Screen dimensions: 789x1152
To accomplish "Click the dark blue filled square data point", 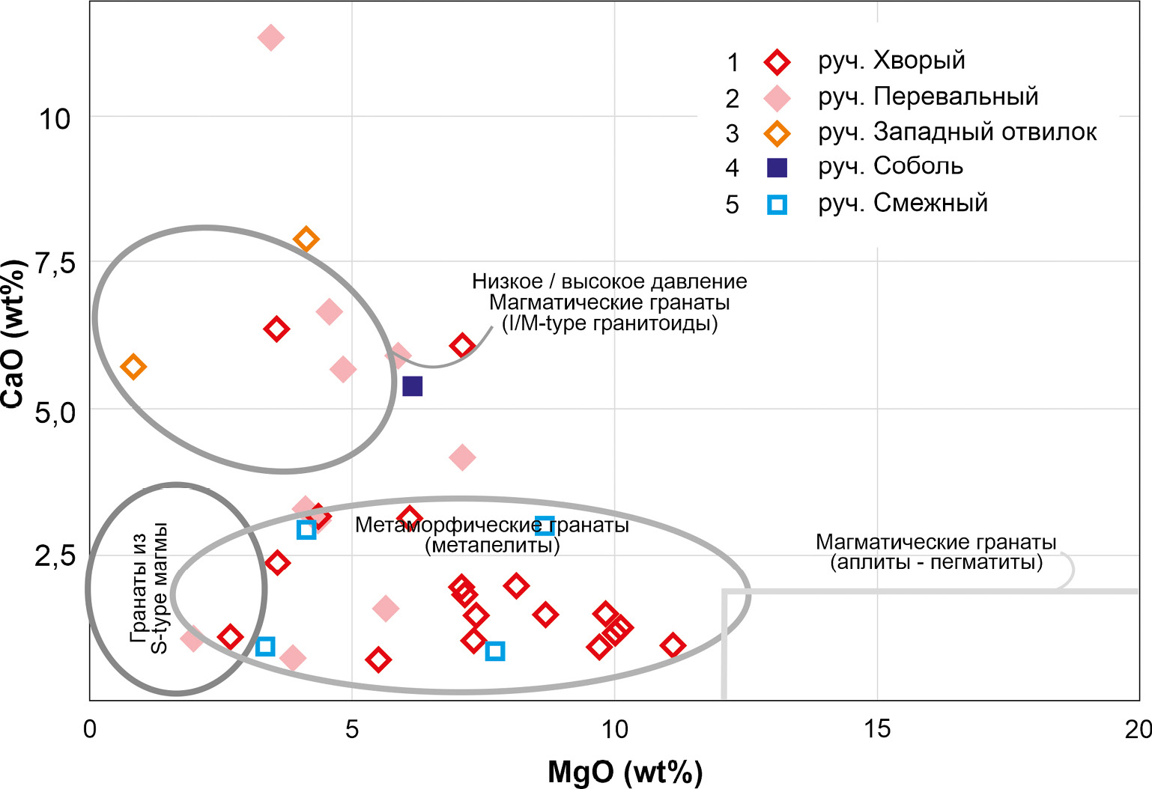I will coord(413,386).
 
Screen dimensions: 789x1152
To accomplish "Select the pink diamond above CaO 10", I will coord(270,37).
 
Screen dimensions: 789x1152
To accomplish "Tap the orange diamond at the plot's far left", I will coord(133,367).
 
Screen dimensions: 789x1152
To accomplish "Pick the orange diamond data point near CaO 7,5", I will coord(306,240).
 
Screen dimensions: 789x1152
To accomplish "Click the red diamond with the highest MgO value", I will coord(673,645).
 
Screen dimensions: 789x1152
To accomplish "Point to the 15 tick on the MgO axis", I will coord(876,728).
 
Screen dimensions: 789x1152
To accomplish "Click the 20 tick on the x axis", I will coord(1138,728).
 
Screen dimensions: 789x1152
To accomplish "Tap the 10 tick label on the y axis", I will coord(54,118).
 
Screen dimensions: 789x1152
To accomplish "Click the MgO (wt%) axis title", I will coord(625,772).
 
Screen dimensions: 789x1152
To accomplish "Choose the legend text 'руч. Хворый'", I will coord(891,60).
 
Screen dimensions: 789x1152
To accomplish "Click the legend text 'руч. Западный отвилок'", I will coord(957,132).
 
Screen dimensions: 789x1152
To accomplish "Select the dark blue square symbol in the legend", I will coord(777,168).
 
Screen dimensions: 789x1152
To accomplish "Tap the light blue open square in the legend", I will coord(777,204).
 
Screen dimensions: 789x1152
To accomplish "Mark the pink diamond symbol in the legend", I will coord(777,98).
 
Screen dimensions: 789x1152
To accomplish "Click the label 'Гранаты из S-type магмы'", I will coord(148,588).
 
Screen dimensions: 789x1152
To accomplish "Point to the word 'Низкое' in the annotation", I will coord(507,281).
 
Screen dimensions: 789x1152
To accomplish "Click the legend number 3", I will coord(732,134).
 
